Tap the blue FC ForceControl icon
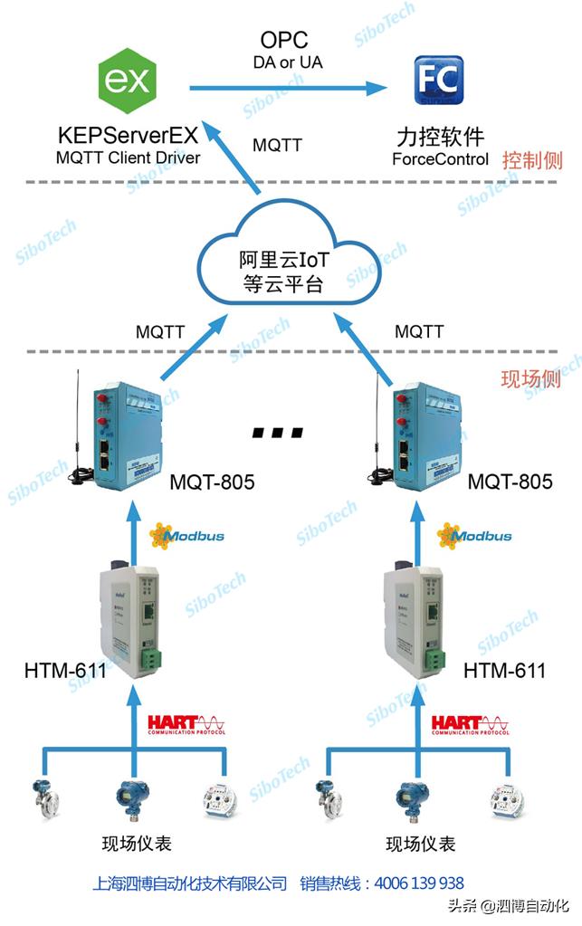tap(439, 81)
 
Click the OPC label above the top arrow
tap(284, 40)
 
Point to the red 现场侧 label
tap(530, 377)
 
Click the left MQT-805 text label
tap(212, 482)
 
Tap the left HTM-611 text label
tap(65, 671)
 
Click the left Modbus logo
tap(186, 536)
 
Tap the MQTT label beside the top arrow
tap(277, 145)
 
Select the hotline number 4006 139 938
tap(418, 883)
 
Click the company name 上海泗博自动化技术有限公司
tap(190, 883)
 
